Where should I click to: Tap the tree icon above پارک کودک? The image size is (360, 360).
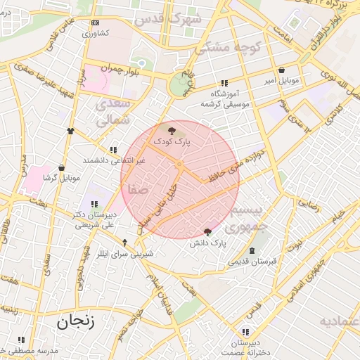(x=172, y=130)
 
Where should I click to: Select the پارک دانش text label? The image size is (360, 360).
(x=207, y=243)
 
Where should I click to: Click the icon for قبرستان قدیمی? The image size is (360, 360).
(x=252, y=251)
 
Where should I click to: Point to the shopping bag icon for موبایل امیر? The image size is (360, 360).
(x=282, y=70)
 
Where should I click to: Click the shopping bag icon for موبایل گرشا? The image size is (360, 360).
(x=61, y=168)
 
